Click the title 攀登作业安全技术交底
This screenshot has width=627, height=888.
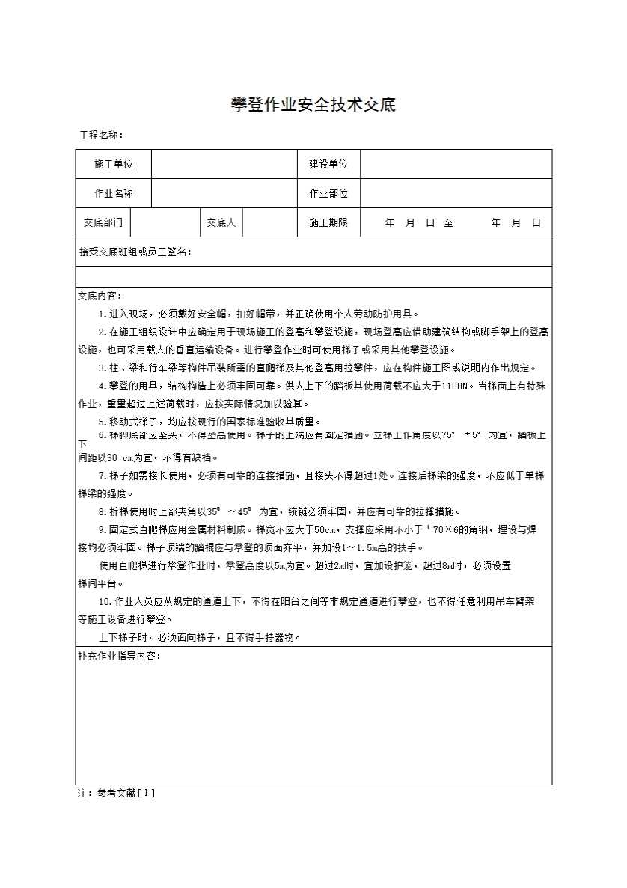tap(313, 105)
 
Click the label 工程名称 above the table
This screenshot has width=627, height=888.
tap(101, 136)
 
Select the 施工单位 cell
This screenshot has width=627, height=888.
tap(114, 164)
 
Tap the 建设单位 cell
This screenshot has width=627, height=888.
tap(328, 164)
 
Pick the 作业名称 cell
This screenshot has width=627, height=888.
tap(114, 193)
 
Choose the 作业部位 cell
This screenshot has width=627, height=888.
tap(328, 193)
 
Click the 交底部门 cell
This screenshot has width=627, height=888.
tap(103, 222)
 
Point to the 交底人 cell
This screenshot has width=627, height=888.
tap(221, 222)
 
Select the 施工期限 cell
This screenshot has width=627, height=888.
tap(328, 222)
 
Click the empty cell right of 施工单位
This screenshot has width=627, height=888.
tap(224, 164)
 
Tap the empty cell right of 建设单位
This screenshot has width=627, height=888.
tap(456, 164)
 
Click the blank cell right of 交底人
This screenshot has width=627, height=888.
tap(270, 222)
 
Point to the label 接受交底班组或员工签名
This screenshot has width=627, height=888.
tap(135, 252)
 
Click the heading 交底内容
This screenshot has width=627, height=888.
tap(100, 296)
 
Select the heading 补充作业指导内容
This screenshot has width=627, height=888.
tap(119, 656)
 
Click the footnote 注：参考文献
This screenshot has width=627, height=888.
tap(116, 793)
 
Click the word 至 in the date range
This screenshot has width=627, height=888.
tap(448, 222)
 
